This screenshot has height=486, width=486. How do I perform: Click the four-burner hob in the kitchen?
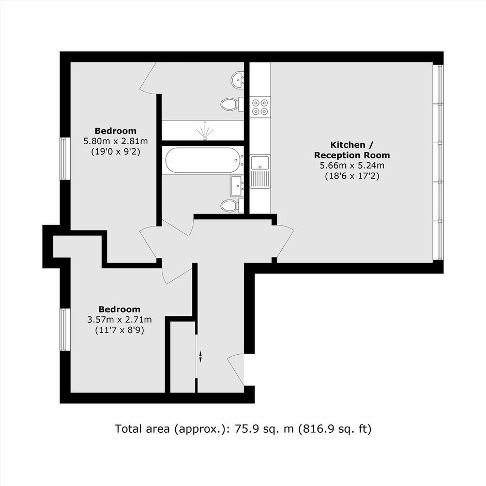(x=260, y=107)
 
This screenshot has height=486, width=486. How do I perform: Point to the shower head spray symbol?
(x=205, y=131)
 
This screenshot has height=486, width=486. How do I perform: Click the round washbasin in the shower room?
(x=237, y=80)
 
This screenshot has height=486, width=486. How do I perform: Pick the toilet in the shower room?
(x=232, y=103)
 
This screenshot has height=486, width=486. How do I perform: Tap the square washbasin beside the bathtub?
(x=237, y=186)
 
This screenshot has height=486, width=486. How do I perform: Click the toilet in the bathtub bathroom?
(x=232, y=205)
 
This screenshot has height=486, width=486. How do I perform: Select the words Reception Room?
(x=352, y=155)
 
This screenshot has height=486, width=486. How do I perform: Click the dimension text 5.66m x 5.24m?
(x=352, y=165)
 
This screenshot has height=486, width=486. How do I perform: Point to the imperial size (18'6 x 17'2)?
(x=352, y=176)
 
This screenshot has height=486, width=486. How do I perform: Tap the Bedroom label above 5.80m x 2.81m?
(x=116, y=131)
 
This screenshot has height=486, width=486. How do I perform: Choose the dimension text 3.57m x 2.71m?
(x=119, y=319)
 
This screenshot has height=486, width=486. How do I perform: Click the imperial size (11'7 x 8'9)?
(x=119, y=330)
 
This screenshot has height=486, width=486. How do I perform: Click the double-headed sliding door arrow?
(x=200, y=356)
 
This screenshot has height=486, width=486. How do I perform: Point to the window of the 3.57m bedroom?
(x=64, y=329)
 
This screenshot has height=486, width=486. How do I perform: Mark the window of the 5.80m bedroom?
(x=64, y=158)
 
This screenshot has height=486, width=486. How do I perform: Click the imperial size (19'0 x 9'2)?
(x=116, y=152)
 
